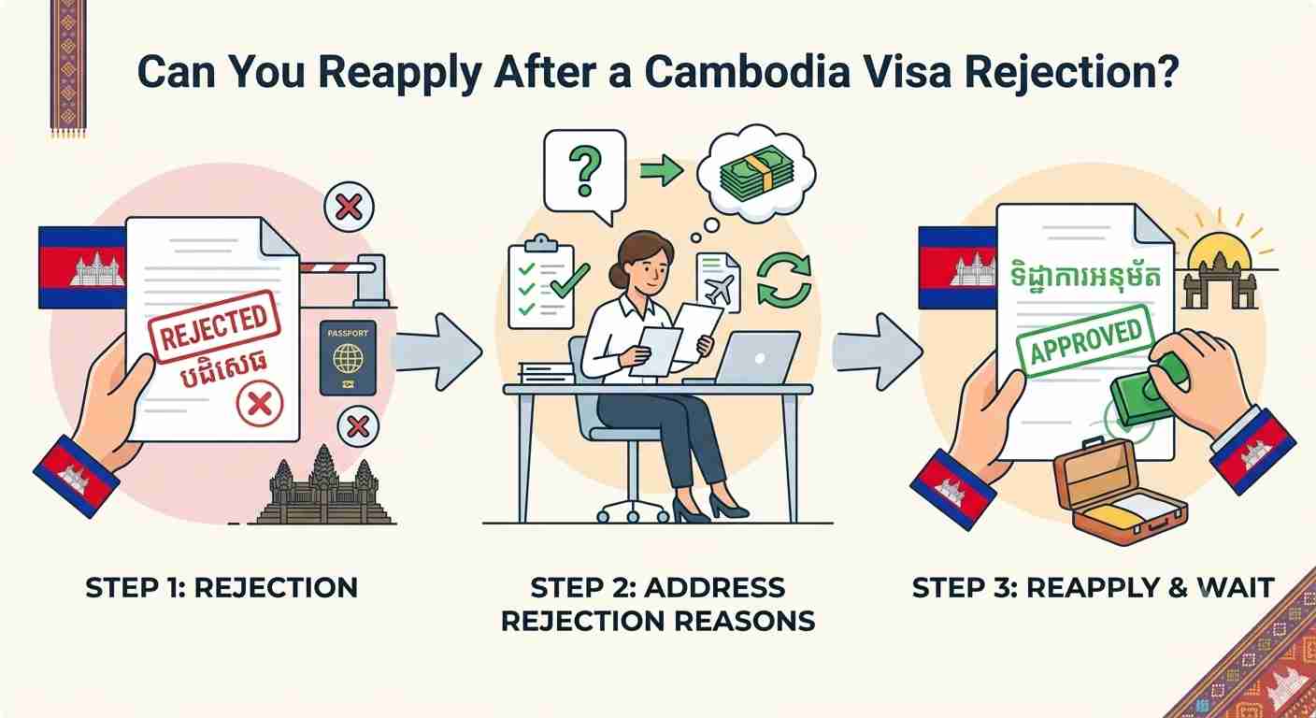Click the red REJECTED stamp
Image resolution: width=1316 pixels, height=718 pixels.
[214, 326]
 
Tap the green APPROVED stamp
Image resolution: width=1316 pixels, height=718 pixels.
[1085, 341]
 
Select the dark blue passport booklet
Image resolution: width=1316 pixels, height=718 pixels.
[348, 358]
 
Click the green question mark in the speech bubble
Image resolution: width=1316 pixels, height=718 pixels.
[585, 170]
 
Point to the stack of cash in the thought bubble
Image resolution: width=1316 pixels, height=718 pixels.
[757, 174]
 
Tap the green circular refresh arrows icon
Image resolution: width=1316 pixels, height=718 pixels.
[784, 280]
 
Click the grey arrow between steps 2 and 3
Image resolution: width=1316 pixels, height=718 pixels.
[877, 352]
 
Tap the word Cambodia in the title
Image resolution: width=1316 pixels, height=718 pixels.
[748, 72]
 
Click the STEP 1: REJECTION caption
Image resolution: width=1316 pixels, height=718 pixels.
[222, 587]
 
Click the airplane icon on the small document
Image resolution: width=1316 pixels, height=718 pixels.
[721, 290]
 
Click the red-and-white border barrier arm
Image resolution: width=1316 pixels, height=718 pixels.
[337, 268]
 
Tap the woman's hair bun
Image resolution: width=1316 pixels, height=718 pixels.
[615, 274]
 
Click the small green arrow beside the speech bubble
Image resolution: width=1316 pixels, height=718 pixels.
[662, 170]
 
